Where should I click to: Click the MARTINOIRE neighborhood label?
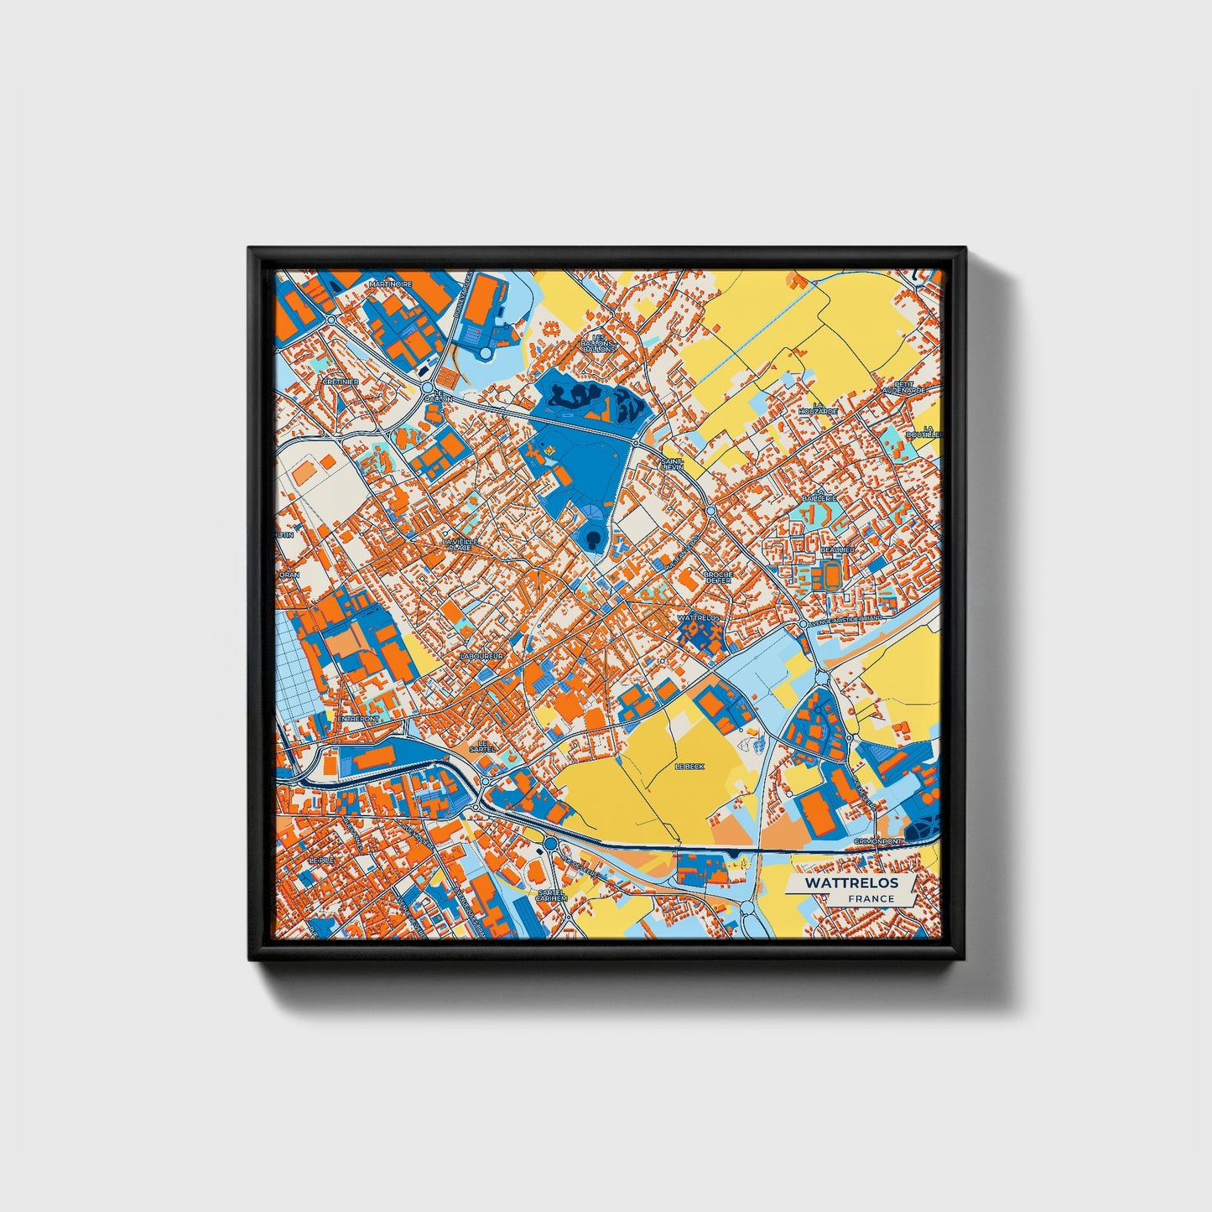point(391,284)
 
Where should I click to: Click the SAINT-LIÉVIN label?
point(673,463)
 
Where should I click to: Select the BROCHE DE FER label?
point(719,578)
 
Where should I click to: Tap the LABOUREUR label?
point(481,655)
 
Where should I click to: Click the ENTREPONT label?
point(358,719)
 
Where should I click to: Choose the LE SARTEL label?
point(482,746)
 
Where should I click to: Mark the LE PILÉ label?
point(320,861)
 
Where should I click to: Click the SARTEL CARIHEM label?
point(552,894)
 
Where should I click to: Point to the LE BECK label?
point(690,767)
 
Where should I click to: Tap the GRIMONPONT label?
point(878,840)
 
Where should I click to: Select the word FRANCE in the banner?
point(871,899)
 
